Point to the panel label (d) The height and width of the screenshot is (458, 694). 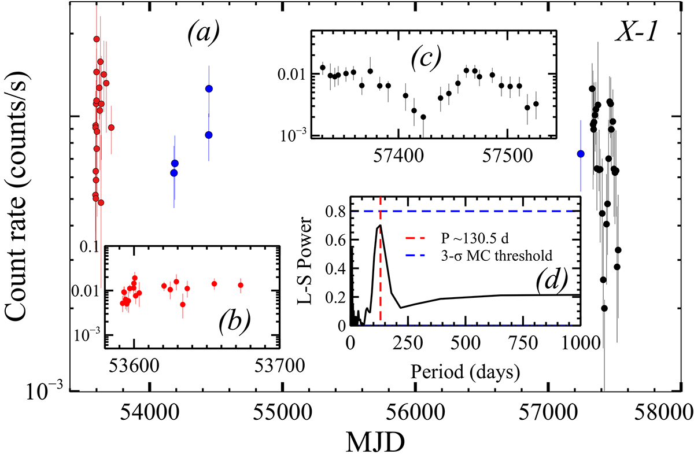[x=552, y=282]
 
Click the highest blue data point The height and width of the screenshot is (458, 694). [x=209, y=88]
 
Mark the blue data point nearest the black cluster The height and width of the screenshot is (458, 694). [x=581, y=153]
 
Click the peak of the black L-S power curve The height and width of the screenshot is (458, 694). [x=379, y=226]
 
